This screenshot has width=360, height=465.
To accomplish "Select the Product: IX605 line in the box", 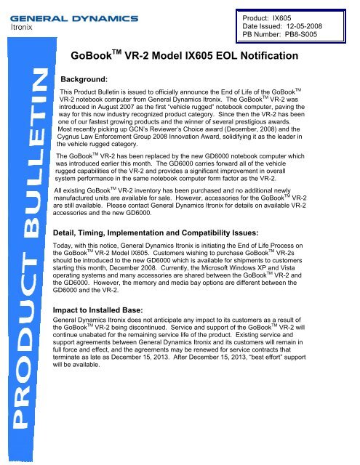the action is [288, 14].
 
